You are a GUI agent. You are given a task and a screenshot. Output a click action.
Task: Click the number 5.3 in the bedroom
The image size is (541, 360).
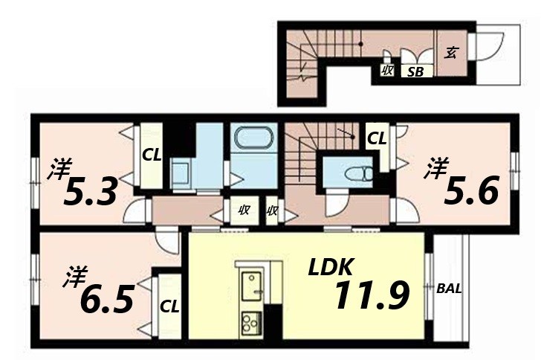click(91, 193)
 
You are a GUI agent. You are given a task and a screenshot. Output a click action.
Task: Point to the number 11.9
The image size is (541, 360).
click(371, 295)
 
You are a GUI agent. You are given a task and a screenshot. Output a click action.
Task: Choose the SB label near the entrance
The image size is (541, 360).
click(415, 72)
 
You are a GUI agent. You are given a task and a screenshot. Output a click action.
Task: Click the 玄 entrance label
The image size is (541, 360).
click(451, 52)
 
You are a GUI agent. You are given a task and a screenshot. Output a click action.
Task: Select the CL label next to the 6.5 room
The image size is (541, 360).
click(169, 305)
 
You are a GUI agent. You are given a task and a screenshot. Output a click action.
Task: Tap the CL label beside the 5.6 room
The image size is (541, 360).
click(377, 138)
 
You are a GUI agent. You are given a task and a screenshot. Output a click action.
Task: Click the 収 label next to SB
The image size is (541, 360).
click(387, 71)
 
